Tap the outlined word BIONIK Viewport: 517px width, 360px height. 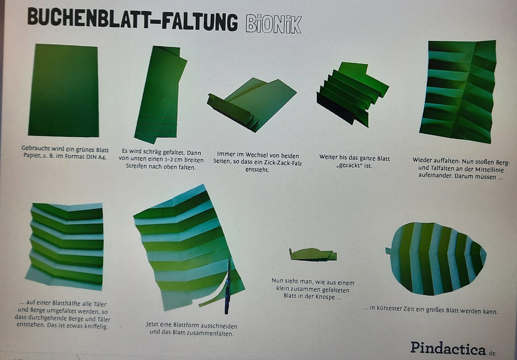coord(274,24)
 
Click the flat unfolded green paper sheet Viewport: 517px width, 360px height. coord(64,90)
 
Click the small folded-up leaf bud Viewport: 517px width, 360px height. coord(313,255)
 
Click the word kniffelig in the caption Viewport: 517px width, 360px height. coord(96,326)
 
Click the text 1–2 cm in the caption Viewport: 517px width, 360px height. coord(171,160)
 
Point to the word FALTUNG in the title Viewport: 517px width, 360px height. coord(200,22)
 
